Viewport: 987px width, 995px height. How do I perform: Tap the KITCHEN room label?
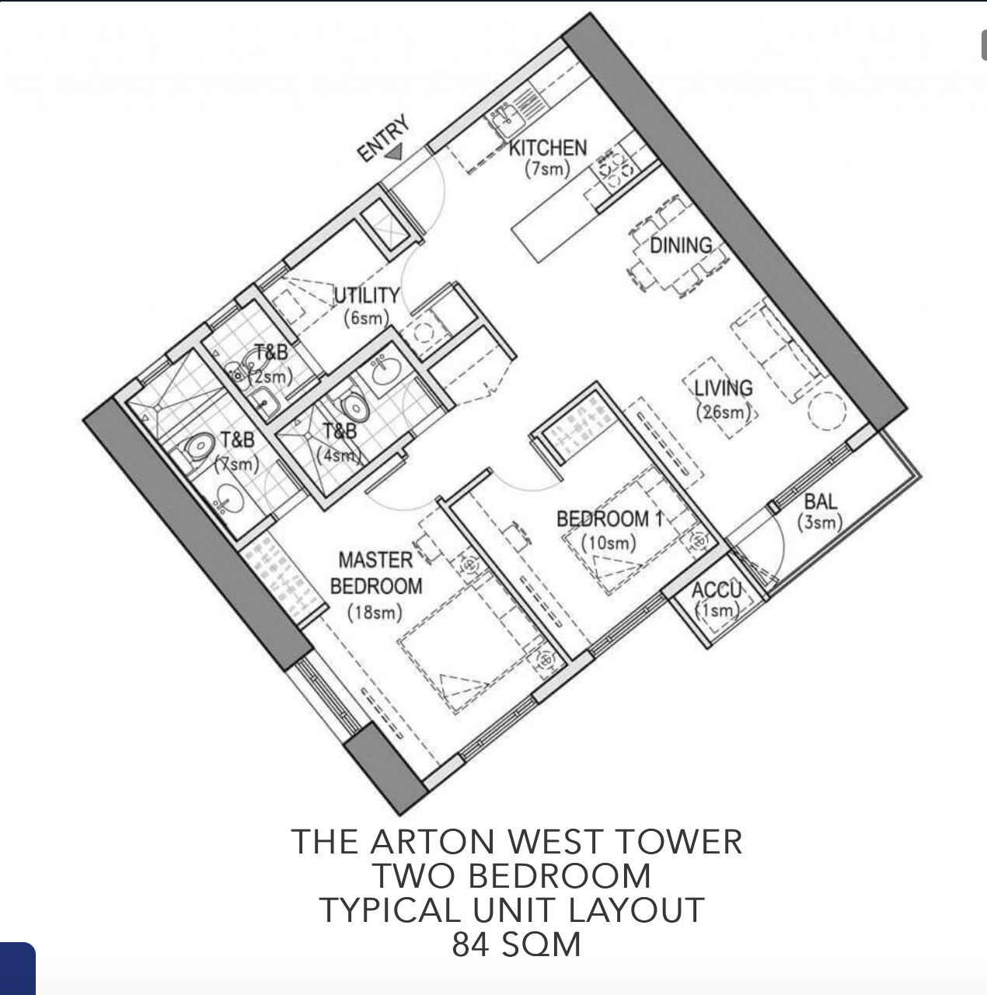pos(548,148)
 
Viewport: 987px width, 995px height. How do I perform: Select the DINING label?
pos(681,246)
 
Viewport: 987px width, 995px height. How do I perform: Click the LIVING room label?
pos(723,388)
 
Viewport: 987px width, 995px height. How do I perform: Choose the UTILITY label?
pos(367,295)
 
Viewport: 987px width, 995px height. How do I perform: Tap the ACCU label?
pos(716,590)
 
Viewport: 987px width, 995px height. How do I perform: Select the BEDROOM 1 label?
pos(609,519)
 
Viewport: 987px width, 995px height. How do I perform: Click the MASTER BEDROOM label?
pos(376,573)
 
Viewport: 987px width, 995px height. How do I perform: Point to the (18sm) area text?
pos(375,613)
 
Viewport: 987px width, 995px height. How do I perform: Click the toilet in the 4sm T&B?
pos(354,407)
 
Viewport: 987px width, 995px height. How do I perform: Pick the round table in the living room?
pos(827,411)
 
